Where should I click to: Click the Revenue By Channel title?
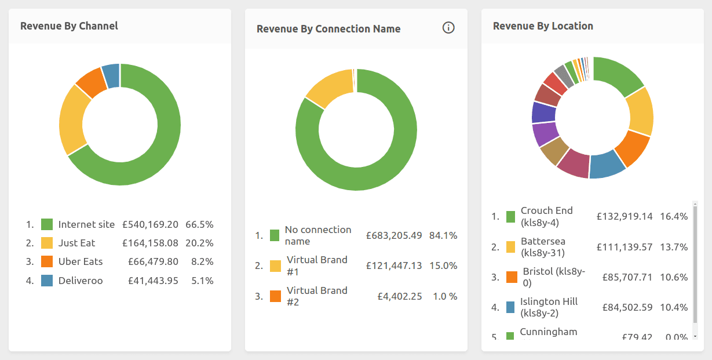tap(69, 26)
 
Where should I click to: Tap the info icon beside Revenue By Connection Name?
tap(448, 28)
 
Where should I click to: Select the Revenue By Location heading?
tap(543, 26)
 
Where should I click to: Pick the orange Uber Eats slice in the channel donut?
tap(92, 83)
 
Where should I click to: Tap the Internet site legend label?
tap(86, 224)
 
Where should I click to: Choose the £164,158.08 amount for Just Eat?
tap(150, 243)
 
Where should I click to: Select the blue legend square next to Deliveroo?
tap(47, 281)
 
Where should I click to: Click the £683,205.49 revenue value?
tap(394, 235)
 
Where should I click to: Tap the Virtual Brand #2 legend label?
tap(317, 296)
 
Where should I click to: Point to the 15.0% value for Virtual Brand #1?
tap(443, 266)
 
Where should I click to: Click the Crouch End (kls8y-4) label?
tap(546, 216)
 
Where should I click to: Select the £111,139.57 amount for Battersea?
tap(625, 247)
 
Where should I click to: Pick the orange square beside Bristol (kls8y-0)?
tap(511, 277)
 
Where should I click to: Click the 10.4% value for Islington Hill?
tap(674, 307)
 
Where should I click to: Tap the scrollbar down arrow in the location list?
tap(695, 336)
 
